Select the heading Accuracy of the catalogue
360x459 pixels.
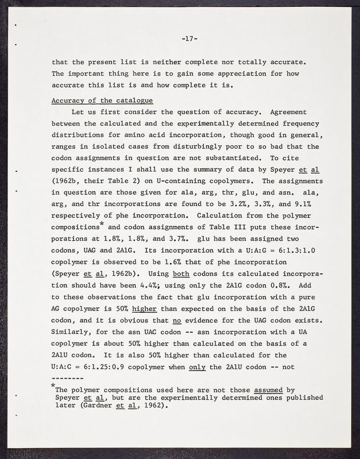94,101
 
